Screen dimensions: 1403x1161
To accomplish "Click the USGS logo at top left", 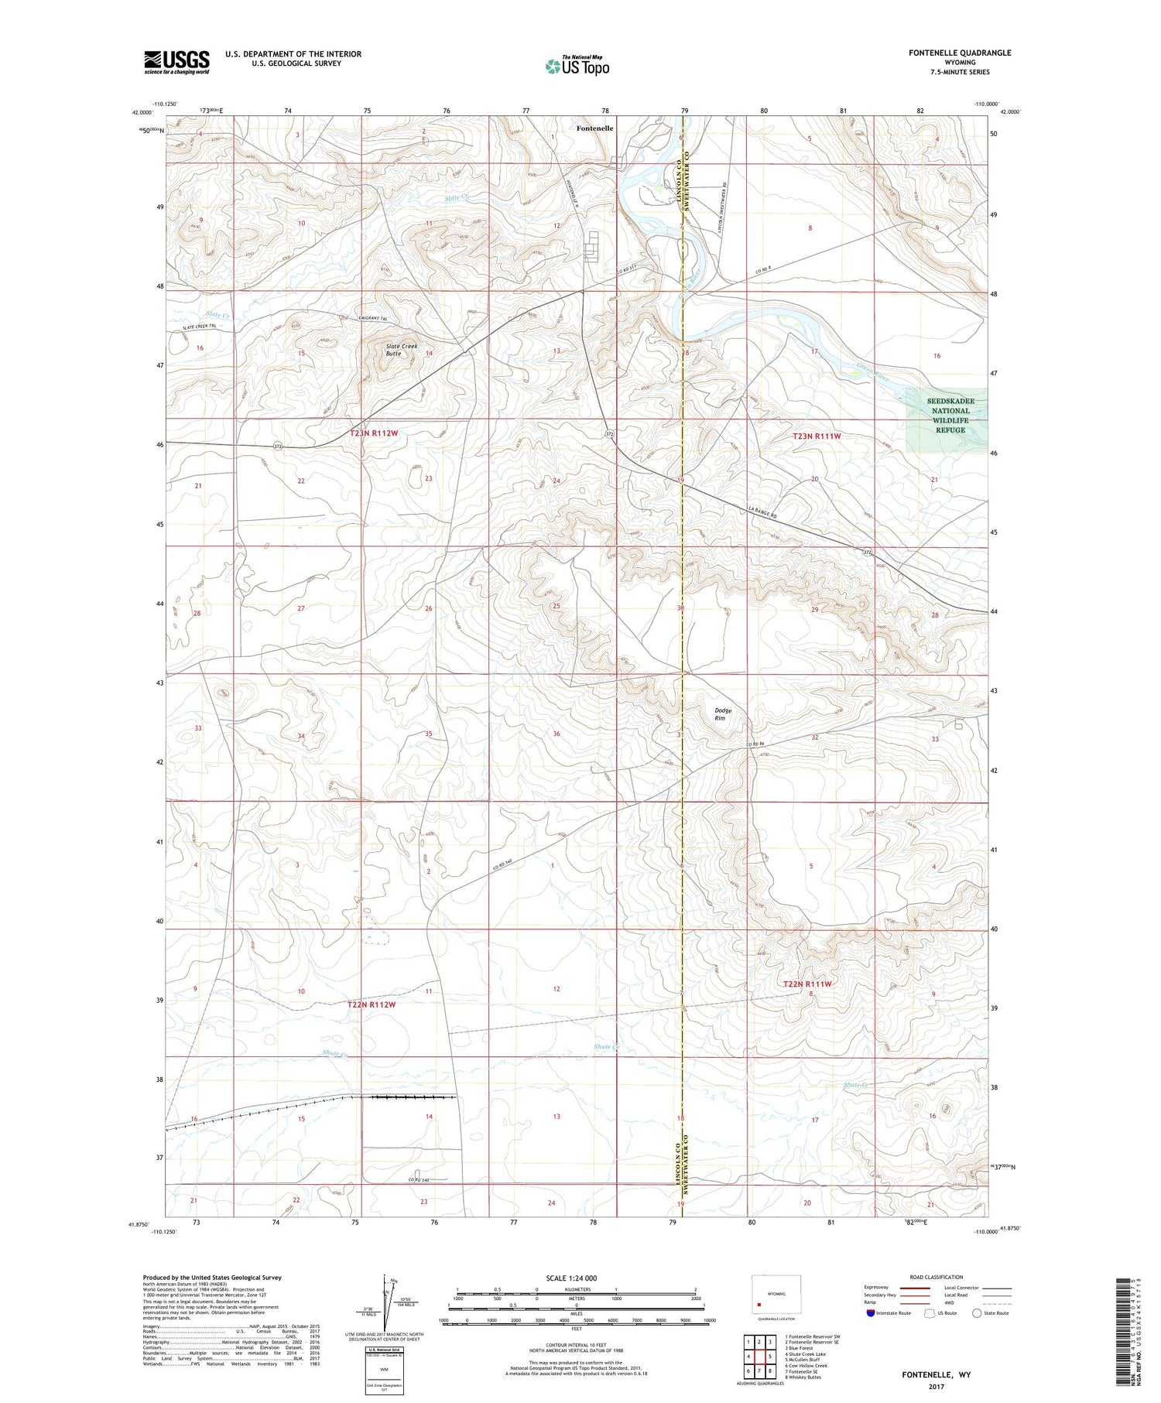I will coord(176,62).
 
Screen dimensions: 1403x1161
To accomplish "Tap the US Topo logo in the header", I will coord(577,67).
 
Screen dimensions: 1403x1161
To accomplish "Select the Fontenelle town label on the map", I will coord(594,128).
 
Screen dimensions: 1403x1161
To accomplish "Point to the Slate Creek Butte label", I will coord(402,349).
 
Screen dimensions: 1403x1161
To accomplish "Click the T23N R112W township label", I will coord(373,433).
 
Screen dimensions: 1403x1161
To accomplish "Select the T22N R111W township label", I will coord(807,984).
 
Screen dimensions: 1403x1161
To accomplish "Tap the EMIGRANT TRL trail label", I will coord(372,319).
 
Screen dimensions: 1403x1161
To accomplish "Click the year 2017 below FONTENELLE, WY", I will coord(936,1385).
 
